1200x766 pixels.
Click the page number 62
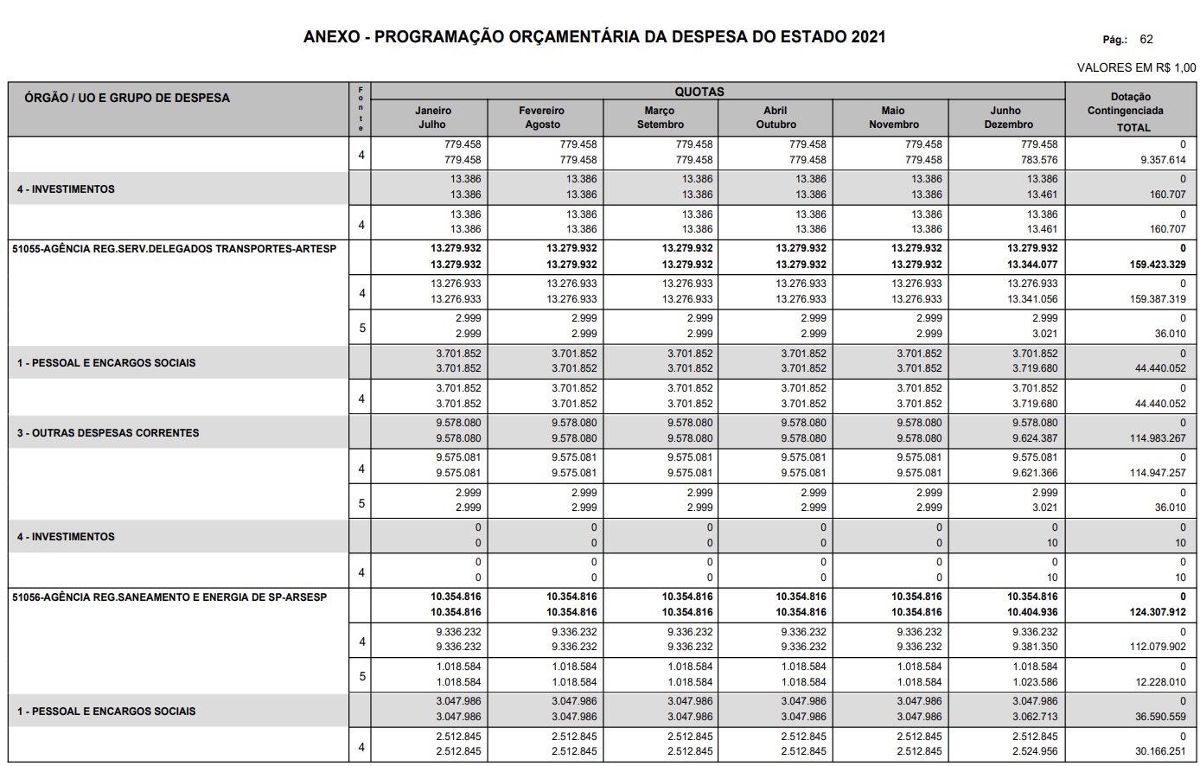[1146, 39]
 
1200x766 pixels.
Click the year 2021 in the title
[867, 37]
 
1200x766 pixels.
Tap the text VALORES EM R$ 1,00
[1136, 67]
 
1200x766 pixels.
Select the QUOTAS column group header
[699, 92]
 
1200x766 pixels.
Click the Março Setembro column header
[660, 118]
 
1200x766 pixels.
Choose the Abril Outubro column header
[776, 118]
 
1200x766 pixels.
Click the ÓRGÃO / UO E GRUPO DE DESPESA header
[127, 98]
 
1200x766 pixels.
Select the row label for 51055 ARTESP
[174, 249]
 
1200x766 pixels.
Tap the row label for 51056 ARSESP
[169, 597]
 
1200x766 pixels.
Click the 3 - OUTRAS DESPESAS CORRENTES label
[108, 432]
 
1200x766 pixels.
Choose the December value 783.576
[1038, 160]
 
